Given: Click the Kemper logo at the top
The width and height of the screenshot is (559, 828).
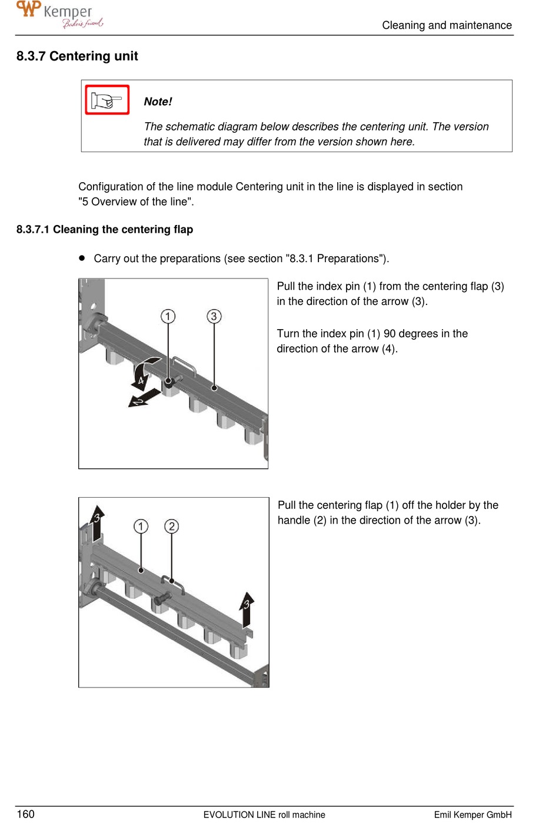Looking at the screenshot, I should point(59,15).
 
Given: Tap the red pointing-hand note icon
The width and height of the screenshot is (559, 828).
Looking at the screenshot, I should point(107,100).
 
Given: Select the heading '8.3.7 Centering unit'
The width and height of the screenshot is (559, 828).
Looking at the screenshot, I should point(77,56).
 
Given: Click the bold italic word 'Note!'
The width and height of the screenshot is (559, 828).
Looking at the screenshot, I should point(158,102).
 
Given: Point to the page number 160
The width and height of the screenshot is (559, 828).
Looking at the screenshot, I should point(26,814).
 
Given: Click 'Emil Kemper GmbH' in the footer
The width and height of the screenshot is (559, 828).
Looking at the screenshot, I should point(473,814).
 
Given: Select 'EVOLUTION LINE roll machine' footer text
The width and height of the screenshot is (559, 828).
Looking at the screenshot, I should point(264,814).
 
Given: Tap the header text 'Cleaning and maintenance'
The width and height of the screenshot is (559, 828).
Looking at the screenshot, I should point(447,25).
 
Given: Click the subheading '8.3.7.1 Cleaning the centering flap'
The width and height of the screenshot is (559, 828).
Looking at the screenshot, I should point(105,229).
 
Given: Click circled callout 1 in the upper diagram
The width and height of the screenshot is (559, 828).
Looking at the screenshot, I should point(168,316).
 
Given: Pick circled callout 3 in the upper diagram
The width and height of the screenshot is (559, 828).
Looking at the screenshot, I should point(214,316).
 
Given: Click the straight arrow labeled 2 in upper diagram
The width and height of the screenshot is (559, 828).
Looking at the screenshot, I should point(143,398).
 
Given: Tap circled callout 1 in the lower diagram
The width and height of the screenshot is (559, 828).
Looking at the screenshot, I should point(141,526).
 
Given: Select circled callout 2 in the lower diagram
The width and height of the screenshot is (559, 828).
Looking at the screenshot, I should point(171,526).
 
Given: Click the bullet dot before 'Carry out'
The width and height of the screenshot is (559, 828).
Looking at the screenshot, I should point(82,258).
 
